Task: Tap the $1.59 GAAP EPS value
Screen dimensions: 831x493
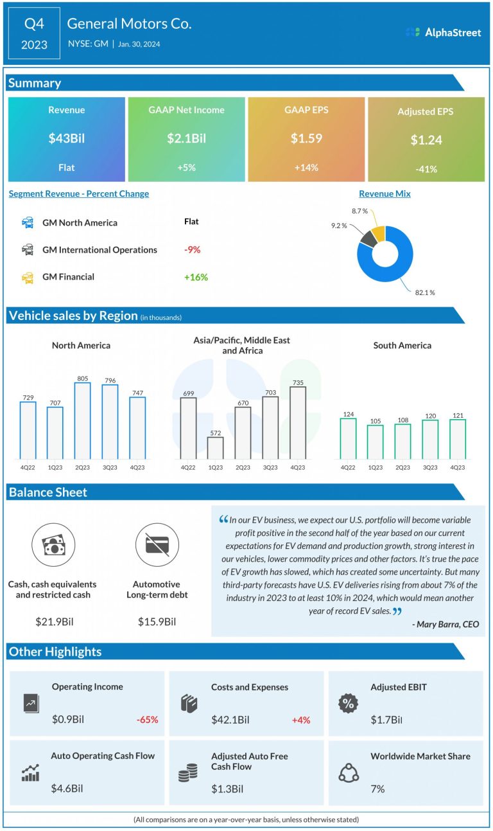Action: tap(306, 138)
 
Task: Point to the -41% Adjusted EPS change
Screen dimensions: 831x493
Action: tap(426, 170)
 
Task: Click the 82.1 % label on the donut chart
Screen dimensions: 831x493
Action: tap(424, 293)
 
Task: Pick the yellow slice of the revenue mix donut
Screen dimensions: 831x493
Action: tap(377, 233)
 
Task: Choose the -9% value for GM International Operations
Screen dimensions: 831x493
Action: tap(191, 249)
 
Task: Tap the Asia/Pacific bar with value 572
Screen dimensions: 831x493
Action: tap(215, 447)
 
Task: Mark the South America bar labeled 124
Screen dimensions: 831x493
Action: tap(348, 438)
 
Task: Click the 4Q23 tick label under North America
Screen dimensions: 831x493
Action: tap(137, 467)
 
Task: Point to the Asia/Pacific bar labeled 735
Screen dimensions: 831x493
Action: tap(297, 422)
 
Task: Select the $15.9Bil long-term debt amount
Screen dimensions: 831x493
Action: tap(157, 621)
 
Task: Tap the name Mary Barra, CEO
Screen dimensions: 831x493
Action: tap(445, 623)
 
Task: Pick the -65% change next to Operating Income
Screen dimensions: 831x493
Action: tap(147, 720)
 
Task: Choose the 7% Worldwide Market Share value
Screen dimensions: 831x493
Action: tap(377, 789)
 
